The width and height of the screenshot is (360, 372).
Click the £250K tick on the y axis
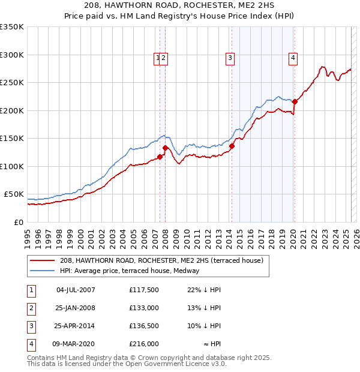tap(12, 83)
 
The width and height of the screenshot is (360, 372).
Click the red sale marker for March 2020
tap(295, 102)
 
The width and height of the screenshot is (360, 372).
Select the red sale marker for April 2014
tap(232, 146)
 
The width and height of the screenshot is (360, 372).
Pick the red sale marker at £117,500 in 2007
tap(160, 157)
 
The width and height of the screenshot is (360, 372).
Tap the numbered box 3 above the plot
tap(230, 58)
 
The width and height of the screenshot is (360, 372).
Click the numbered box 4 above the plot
tap(293, 58)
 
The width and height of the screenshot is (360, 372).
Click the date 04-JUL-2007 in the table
tap(76, 290)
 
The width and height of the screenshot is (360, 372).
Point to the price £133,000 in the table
tap(144, 308)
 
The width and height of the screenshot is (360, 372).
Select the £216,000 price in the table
tap(144, 344)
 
